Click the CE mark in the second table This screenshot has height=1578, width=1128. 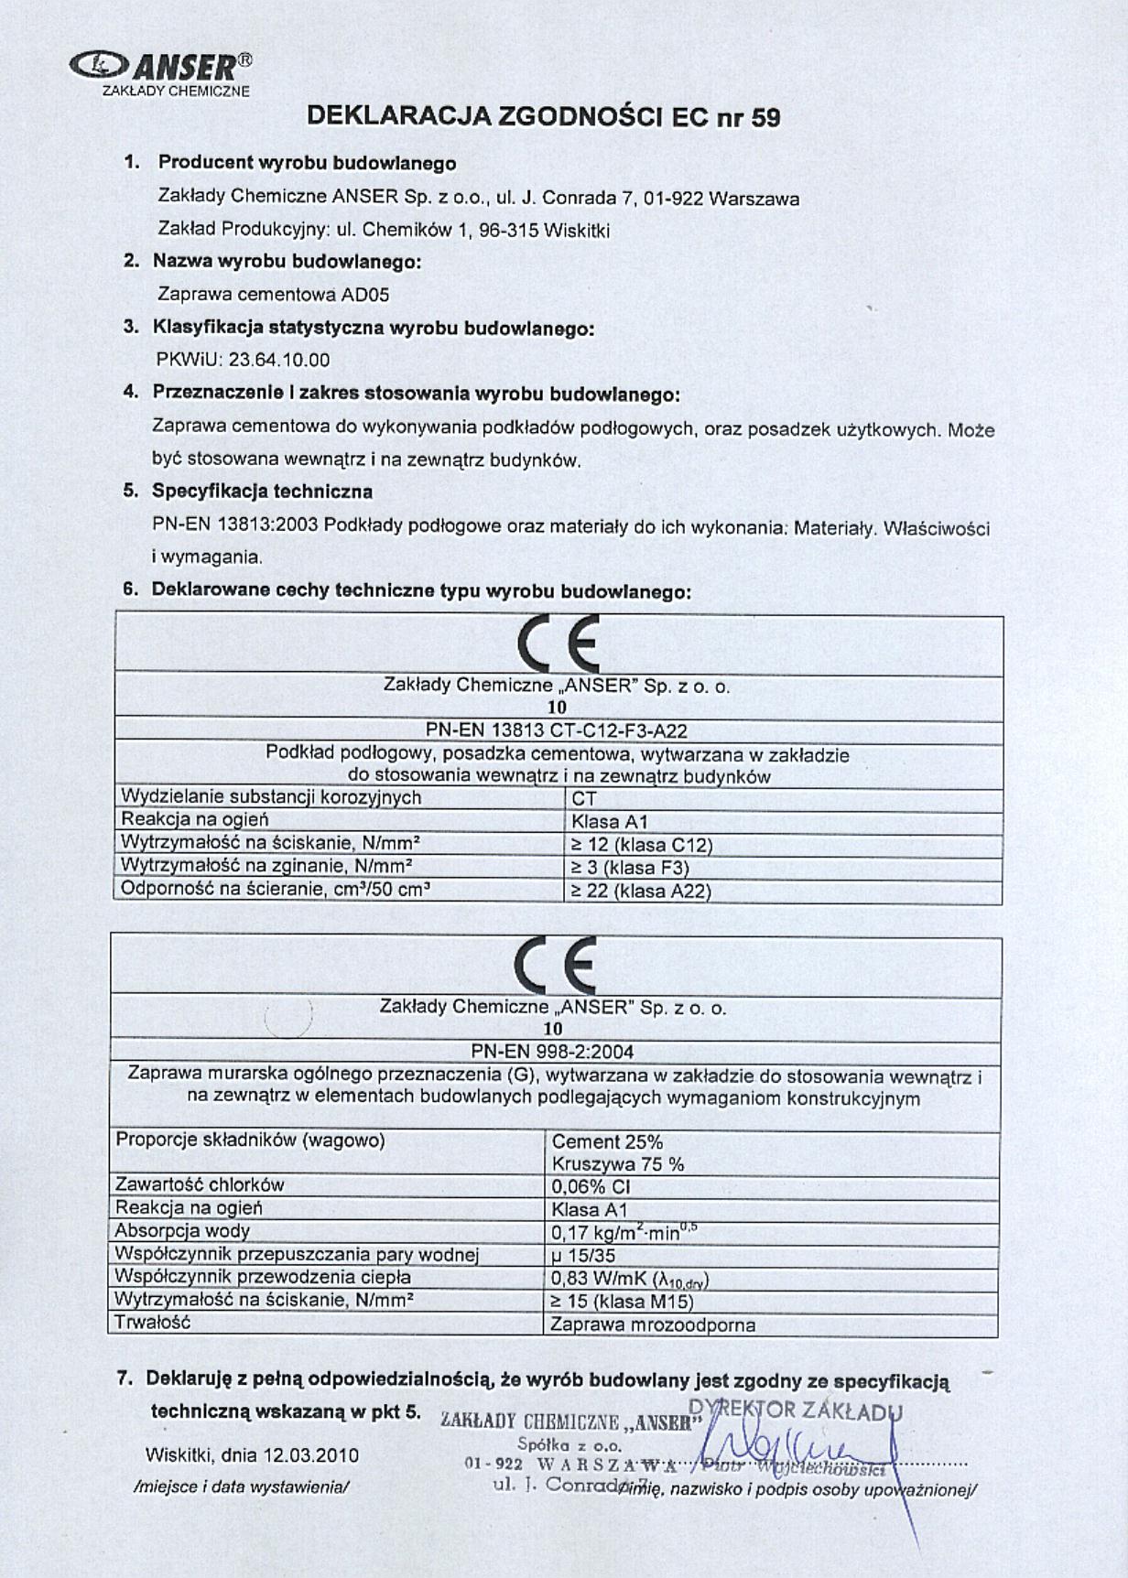tap(555, 965)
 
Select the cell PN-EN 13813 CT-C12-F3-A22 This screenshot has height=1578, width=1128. tap(557, 730)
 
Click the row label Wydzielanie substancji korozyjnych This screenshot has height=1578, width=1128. tap(271, 797)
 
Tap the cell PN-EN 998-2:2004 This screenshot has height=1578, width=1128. tap(552, 1052)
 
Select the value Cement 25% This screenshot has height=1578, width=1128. tap(607, 1141)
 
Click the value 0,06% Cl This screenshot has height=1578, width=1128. tap(591, 1187)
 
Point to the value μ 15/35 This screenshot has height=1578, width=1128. tap(583, 1255)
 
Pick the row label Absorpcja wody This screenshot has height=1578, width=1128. tap(182, 1231)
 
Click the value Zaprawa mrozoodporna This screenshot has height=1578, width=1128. tap(653, 1324)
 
